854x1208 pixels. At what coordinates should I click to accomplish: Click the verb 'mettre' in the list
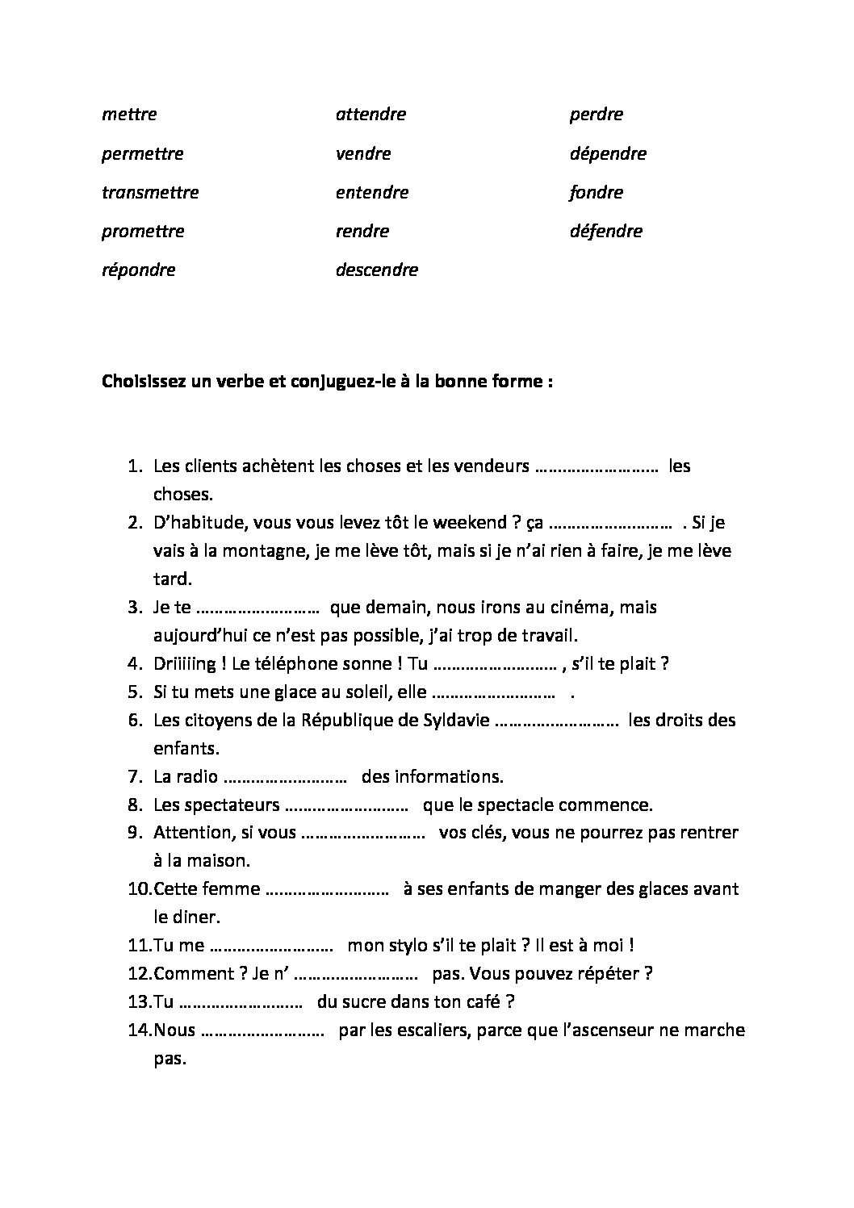[129, 115]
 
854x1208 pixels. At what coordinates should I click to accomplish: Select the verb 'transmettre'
[150, 193]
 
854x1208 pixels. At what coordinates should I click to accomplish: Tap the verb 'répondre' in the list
[139, 270]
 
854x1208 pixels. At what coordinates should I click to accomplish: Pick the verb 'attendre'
[370, 115]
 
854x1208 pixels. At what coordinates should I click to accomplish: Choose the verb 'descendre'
[377, 270]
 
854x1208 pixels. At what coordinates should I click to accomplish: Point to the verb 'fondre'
[596, 193]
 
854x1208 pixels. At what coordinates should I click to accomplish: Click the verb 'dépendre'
[608, 153]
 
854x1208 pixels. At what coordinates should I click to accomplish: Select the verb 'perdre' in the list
[596, 115]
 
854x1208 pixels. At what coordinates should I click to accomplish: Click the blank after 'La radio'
[285, 777]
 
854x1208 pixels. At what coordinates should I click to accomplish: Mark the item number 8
[135, 805]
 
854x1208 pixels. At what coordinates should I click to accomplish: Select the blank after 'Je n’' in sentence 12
[355, 974]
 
